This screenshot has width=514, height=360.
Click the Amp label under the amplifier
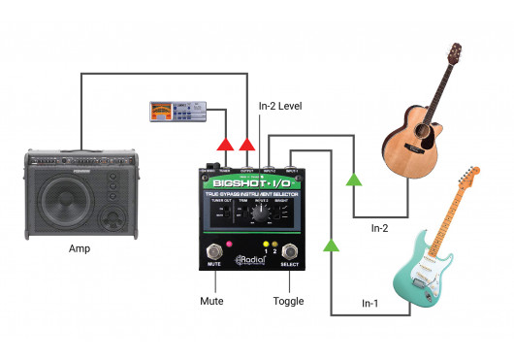tap(79, 249)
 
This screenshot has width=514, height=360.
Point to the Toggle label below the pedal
tap(288, 301)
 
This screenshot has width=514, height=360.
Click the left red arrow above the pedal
tap(224, 145)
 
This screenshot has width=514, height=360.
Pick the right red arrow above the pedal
tap(248, 145)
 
